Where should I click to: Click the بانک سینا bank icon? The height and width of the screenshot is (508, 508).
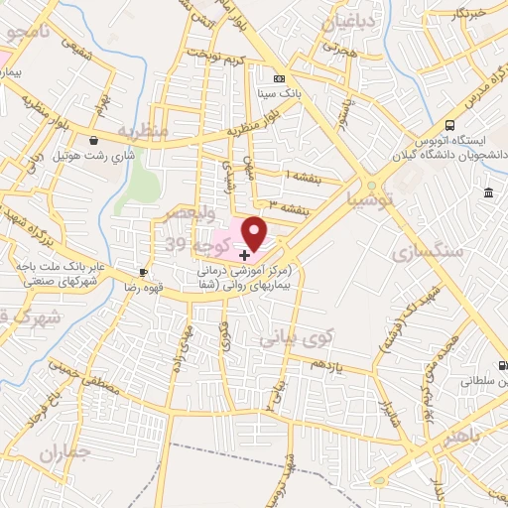279,78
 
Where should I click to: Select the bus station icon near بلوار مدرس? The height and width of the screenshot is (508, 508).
449,126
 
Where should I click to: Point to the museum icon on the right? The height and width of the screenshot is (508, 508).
490,190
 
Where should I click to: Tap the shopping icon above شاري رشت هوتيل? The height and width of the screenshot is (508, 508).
93,141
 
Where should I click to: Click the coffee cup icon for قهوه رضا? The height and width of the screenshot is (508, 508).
144,272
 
